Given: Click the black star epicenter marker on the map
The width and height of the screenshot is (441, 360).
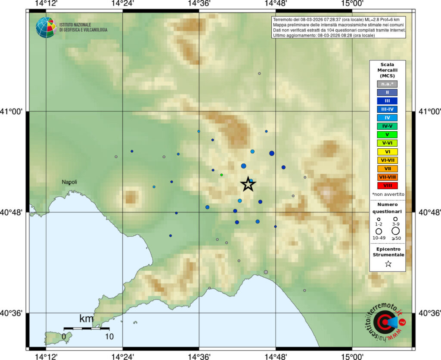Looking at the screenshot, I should (248, 184).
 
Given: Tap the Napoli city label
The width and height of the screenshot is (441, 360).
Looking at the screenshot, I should (69, 182).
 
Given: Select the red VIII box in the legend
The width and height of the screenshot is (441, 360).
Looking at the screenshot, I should (387, 185).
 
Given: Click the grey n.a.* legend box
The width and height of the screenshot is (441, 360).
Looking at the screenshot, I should (387, 84).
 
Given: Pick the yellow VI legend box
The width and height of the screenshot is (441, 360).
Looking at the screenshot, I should (387, 151).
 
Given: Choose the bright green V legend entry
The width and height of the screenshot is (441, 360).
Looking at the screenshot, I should (387, 135).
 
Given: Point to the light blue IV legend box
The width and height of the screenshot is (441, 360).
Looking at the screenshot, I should (387, 117).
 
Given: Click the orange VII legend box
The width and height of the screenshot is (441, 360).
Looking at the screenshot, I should (387, 169).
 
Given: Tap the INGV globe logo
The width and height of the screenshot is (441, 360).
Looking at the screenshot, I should (46, 27).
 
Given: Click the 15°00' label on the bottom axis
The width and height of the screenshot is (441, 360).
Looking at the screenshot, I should (352, 356).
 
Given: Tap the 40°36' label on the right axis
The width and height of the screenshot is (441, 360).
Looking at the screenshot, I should (429, 313).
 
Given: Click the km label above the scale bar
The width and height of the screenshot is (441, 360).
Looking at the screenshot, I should (86, 319).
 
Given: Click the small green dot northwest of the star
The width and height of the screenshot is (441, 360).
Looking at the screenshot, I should (221, 175).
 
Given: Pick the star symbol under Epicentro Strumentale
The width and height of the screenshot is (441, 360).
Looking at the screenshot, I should (388, 264).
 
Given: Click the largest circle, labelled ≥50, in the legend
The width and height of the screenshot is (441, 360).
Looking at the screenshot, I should (395, 231).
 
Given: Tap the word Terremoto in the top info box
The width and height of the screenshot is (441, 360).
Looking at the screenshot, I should (284, 20).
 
